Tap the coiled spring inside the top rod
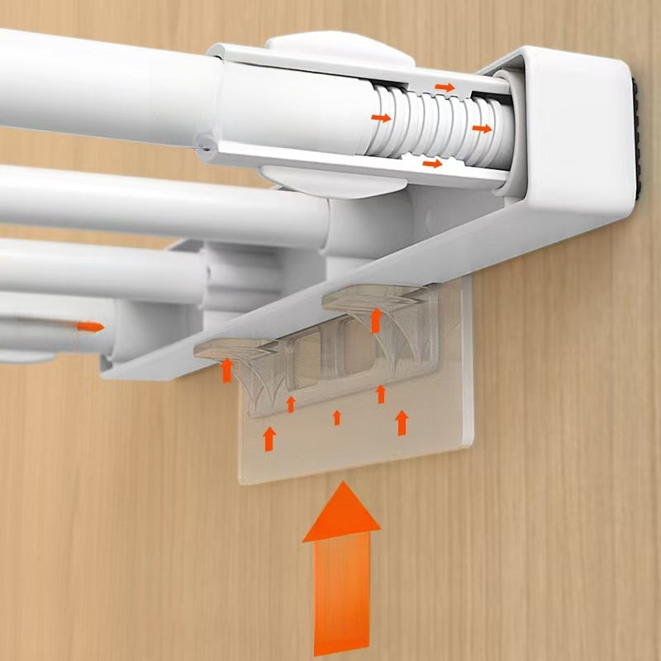click(x=438, y=124)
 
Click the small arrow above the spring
click(x=445, y=87)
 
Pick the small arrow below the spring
click(x=432, y=164)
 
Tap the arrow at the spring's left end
click(x=381, y=118)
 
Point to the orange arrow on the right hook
click(x=376, y=320)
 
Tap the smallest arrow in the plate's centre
click(x=336, y=417)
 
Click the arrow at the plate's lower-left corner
click(x=269, y=439)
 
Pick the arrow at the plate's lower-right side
click(x=402, y=423)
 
